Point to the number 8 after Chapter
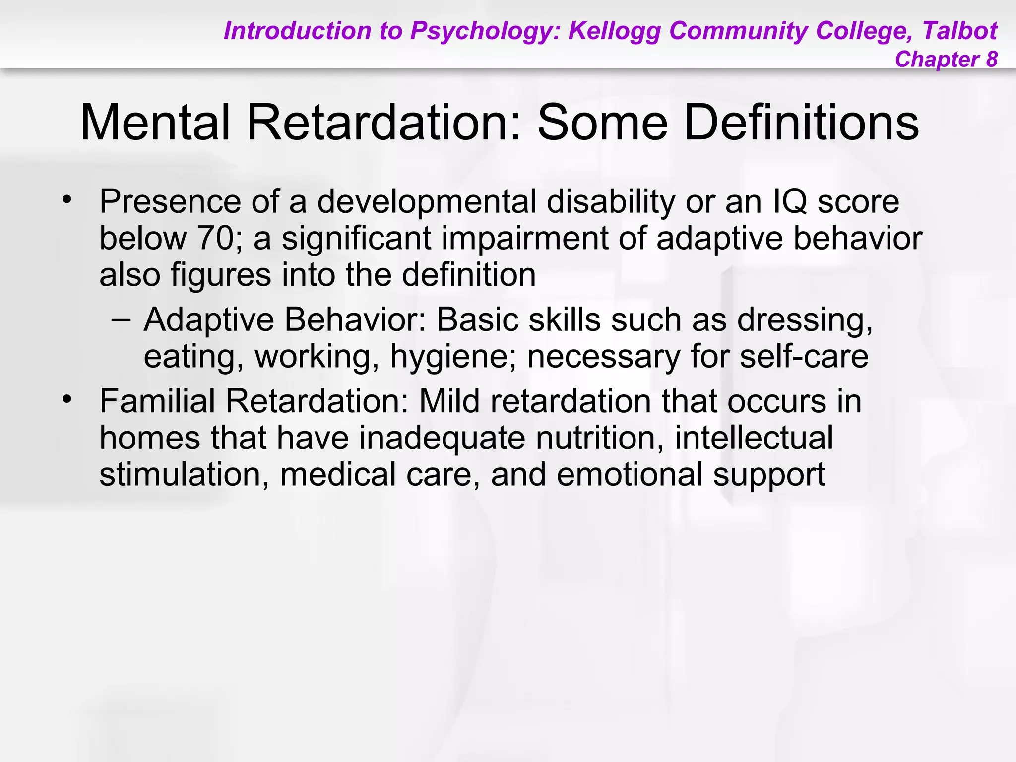(991, 59)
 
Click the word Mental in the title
(155, 123)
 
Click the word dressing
(805, 320)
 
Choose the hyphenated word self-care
(804, 356)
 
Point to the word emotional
(630, 474)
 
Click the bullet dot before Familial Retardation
(67, 399)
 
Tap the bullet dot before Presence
(67, 200)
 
